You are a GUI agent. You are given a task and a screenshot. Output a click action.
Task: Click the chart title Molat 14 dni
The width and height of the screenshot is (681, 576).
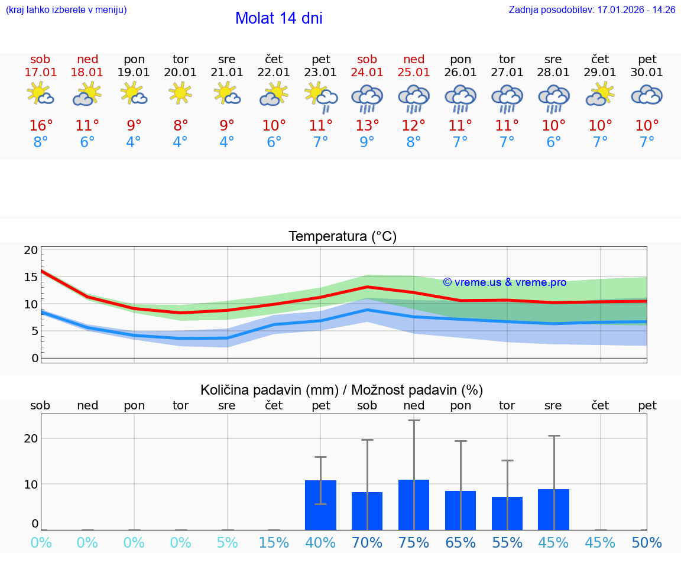point(278,18)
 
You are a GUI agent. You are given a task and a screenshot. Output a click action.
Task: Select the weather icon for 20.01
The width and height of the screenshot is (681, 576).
point(180,93)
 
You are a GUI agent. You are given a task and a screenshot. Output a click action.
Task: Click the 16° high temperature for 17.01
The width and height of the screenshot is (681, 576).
point(41,126)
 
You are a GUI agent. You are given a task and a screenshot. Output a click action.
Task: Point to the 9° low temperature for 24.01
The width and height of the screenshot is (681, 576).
point(367,142)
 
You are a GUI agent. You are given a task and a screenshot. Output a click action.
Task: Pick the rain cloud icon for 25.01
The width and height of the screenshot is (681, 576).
point(414,97)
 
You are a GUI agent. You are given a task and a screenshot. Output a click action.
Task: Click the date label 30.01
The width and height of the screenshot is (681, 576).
point(647,73)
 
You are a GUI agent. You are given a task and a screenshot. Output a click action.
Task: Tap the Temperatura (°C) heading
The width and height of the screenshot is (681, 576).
point(342,237)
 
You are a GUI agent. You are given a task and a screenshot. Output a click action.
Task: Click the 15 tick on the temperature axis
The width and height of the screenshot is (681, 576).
point(31,276)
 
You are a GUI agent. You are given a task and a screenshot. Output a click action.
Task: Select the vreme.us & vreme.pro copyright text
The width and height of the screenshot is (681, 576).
point(505,282)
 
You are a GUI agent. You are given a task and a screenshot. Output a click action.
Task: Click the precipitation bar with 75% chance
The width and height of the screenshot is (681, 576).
point(414,505)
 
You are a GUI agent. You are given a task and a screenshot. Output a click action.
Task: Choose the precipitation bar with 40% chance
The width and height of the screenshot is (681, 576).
point(320,505)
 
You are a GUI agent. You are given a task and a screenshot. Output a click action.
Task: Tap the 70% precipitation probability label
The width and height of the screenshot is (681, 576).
point(367,543)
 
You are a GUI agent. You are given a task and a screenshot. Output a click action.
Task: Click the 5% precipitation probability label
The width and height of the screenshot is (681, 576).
point(227,543)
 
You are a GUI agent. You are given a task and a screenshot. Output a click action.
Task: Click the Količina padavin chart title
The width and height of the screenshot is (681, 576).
point(342,390)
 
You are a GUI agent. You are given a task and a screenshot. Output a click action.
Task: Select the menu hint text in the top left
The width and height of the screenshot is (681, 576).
point(66,10)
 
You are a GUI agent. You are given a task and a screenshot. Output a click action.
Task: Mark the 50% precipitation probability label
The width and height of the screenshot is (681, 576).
point(647,543)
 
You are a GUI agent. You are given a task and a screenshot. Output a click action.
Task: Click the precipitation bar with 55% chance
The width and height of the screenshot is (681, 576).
point(507,513)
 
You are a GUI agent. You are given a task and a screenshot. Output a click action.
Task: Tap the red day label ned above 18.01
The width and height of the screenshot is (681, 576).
point(87,60)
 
